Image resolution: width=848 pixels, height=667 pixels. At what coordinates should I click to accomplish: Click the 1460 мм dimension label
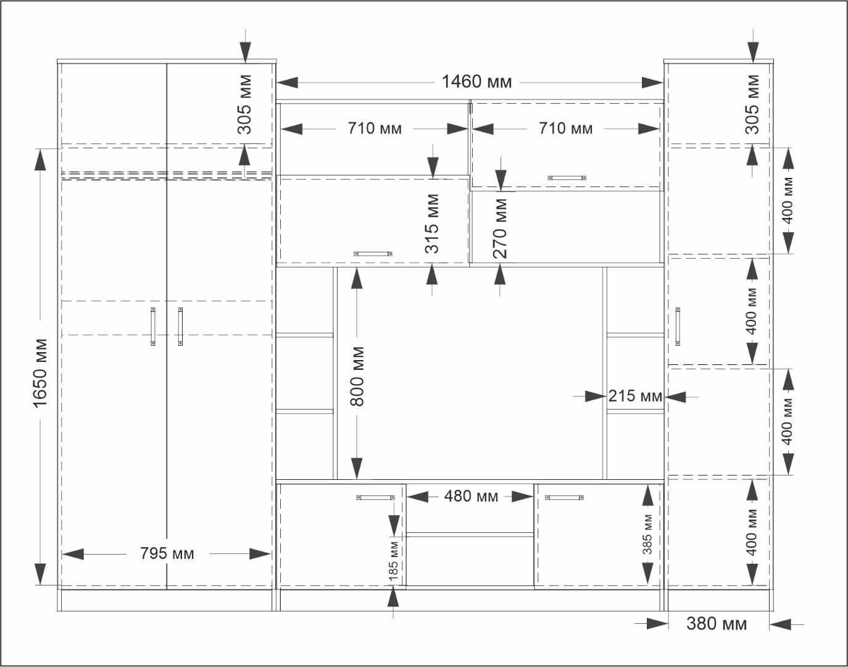[476, 82]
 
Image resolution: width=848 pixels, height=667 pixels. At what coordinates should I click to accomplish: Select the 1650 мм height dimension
[40, 373]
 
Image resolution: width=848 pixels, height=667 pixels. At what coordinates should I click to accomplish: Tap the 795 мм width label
[167, 553]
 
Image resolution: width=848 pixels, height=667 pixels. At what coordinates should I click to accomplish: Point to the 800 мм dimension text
[357, 376]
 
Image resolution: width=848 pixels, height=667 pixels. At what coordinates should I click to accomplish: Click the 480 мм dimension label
[471, 497]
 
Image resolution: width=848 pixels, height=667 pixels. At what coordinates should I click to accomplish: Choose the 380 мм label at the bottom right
[717, 624]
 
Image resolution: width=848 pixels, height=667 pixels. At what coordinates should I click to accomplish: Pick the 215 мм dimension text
[635, 396]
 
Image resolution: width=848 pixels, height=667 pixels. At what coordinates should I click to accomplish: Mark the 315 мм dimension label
[432, 224]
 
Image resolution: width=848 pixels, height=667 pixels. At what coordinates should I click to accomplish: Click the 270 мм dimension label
[501, 229]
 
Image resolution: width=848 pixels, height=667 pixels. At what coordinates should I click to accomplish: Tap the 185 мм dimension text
[393, 560]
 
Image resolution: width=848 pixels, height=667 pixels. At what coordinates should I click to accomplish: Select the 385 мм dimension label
[647, 534]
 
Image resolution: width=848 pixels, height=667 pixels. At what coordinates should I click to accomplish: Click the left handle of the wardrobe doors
[153, 327]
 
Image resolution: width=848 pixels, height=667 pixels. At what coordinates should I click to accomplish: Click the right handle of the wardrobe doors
[180, 327]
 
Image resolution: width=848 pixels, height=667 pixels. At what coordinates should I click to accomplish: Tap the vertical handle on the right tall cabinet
[678, 327]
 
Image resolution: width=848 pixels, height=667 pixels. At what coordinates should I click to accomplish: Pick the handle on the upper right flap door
[567, 178]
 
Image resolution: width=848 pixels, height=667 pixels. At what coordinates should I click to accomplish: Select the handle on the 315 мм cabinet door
[373, 254]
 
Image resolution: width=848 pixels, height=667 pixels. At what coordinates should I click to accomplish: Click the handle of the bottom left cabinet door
[375, 498]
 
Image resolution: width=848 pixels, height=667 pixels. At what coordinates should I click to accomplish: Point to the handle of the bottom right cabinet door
[564, 498]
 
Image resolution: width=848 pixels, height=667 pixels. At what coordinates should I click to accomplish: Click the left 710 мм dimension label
[375, 128]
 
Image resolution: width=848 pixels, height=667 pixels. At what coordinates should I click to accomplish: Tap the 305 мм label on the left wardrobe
[244, 104]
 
